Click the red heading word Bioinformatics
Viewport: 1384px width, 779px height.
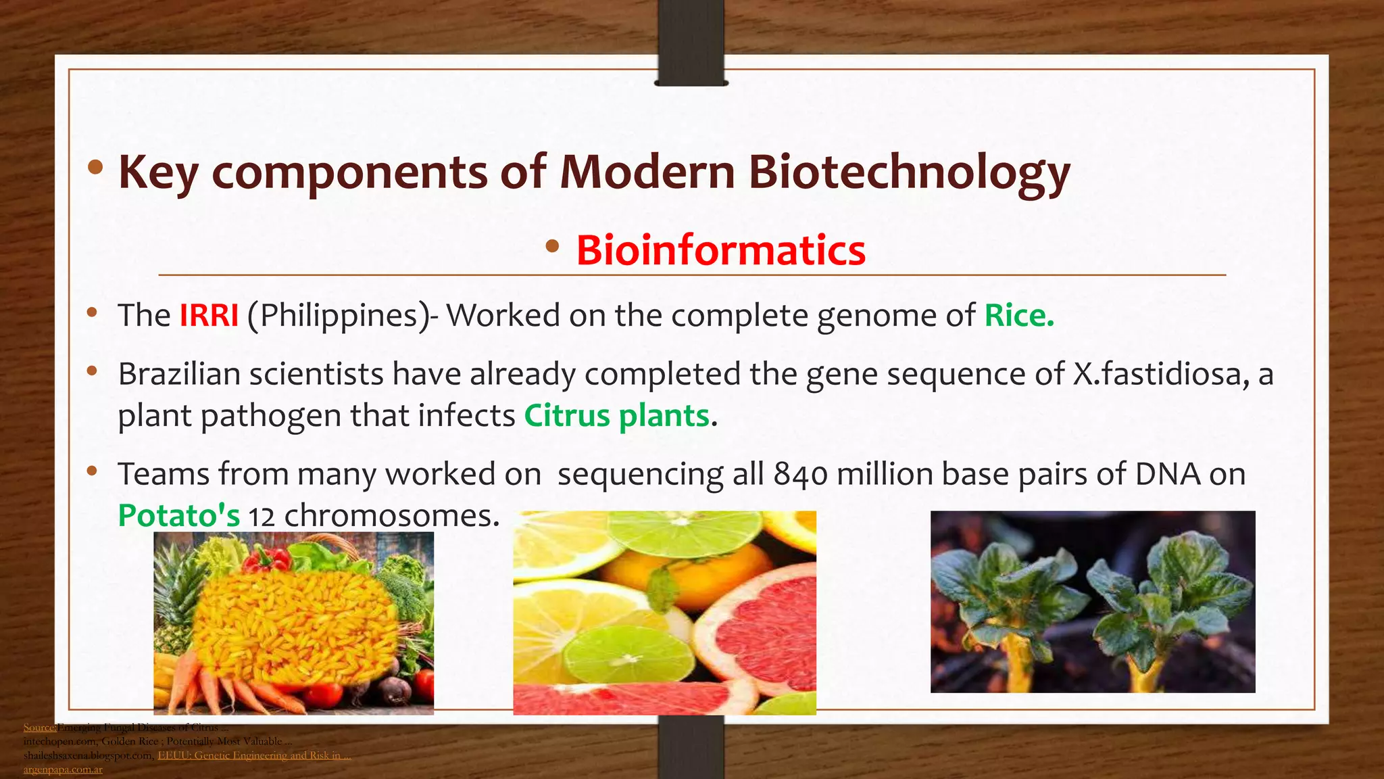point(720,250)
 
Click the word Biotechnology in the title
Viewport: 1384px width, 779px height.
point(909,172)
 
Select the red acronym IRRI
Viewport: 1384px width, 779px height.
point(209,316)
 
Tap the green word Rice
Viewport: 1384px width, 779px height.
point(1018,316)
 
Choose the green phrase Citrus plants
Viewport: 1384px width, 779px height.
point(616,415)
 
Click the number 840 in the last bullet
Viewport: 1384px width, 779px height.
point(801,474)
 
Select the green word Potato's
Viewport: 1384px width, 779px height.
point(178,516)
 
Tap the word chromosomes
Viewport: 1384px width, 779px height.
point(392,516)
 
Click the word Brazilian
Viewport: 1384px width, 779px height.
point(179,374)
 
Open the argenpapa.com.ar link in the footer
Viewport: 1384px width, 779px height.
point(63,770)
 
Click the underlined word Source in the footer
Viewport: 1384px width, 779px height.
point(39,728)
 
